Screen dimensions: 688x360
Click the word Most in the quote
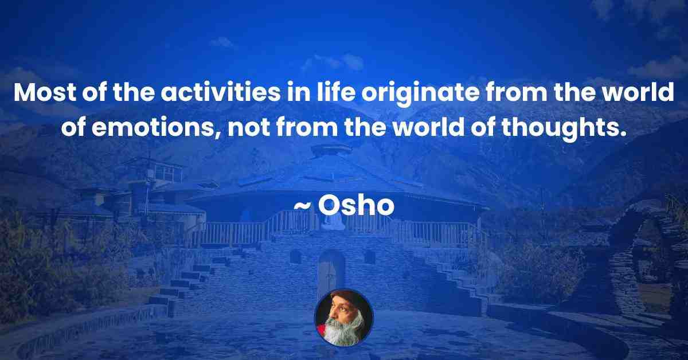[x=45, y=92]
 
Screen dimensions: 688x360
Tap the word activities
[x=221, y=92]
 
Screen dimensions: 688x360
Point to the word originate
[x=420, y=95]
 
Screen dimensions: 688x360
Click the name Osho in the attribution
[x=356, y=206]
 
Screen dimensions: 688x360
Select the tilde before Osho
[x=303, y=207]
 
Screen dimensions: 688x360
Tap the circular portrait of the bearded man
[x=343, y=318]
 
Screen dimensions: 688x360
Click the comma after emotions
[x=218, y=135]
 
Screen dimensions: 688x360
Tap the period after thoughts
[x=622, y=134]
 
